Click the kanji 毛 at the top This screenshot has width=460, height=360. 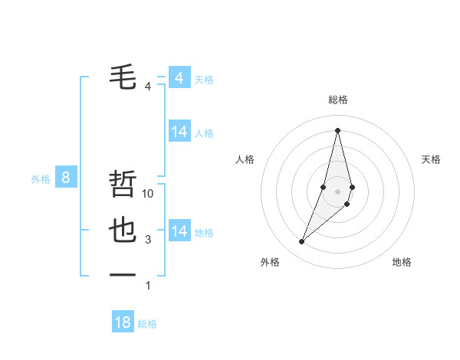(123, 77)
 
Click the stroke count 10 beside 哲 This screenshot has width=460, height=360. (149, 194)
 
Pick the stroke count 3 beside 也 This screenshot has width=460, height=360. (148, 240)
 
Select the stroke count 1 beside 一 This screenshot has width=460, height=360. (148, 286)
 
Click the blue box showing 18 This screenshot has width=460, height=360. (123, 322)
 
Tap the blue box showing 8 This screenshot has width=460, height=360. (66, 178)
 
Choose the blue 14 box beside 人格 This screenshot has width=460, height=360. (179, 132)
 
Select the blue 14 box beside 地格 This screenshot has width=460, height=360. (179, 231)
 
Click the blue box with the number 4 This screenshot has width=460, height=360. (179, 78)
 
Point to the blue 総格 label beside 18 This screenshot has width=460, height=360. (147, 324)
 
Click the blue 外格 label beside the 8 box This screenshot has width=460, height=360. (41, 180)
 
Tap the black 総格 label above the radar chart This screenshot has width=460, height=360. (338, 100)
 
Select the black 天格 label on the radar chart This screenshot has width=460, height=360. (431, 159)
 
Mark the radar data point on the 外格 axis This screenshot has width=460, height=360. (302, 242)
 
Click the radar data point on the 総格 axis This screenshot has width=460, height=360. (337, 129)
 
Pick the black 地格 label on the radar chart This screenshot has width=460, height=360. (402, 262)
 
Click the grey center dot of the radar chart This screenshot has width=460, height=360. (337, 191)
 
